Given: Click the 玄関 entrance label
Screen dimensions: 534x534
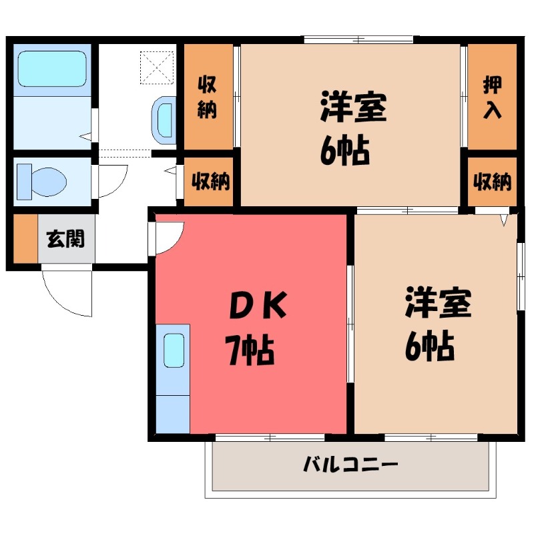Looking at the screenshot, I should coord(65,238).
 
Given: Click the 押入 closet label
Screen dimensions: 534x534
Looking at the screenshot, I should coord(492,97).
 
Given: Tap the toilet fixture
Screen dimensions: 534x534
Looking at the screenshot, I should coord(41,180).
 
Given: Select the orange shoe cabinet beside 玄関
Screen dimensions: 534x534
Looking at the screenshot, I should coord(25,238).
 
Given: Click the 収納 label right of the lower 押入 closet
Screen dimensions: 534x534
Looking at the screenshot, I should coord(492,181).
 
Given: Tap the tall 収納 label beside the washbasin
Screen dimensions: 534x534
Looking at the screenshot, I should coord(207,97).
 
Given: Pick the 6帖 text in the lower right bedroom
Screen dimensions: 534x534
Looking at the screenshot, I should coord(429,346).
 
